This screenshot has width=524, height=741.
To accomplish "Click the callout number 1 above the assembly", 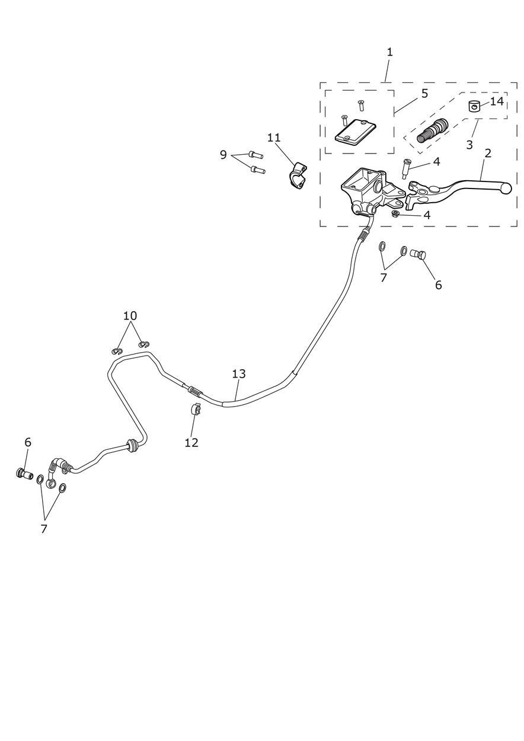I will [389, 52].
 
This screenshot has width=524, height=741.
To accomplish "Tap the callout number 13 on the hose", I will [239, 373].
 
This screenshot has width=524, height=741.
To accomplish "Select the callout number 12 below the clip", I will [191, 442].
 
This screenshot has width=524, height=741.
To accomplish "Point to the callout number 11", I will [273, 138].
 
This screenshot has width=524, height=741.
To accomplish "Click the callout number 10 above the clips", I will [130, 315].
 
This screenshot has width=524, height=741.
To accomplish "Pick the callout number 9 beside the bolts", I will [223, 155].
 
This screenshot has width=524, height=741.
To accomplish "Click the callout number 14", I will [497, 101].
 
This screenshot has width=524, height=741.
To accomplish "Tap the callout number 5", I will [424, 94].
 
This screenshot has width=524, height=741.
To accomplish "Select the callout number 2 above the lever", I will [488, 153].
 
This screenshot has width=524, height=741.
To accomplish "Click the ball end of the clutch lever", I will [506, 188].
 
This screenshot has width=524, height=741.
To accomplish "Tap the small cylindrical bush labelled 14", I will [474, 107].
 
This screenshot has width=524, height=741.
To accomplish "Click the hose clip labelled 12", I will [195, 408].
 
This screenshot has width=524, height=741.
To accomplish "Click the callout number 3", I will [469, 145].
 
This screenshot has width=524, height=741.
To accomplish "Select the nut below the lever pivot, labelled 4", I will [396, 213].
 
